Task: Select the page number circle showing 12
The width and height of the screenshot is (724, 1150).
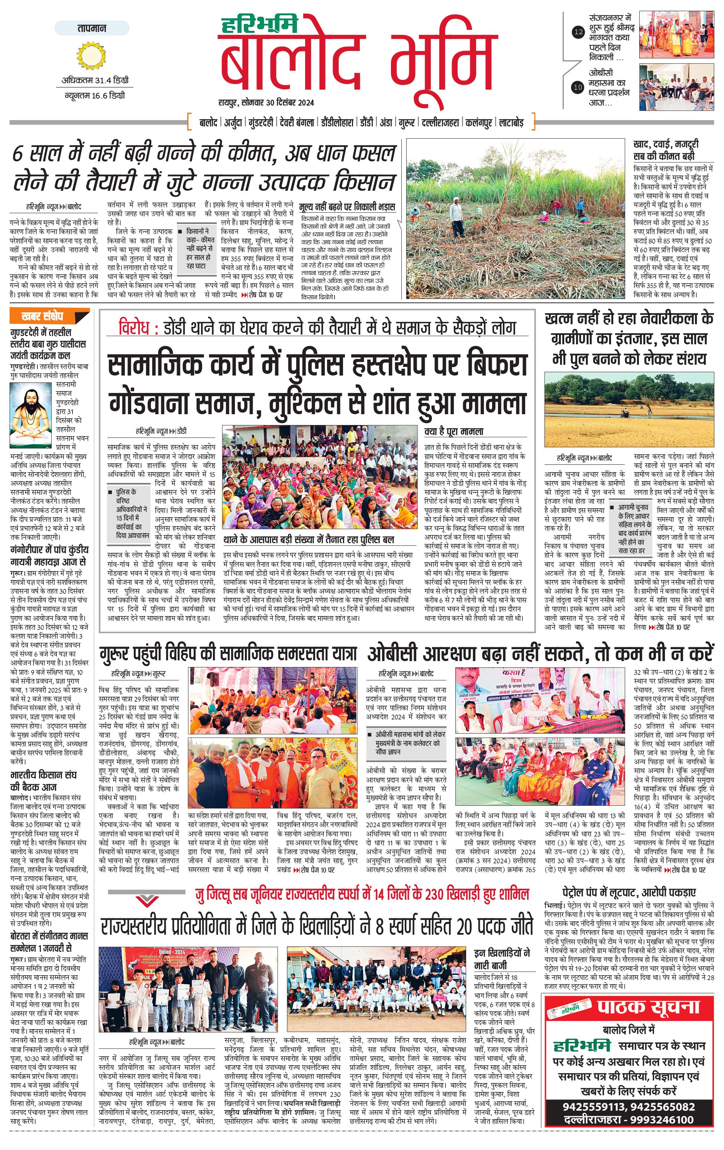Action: [578, 32]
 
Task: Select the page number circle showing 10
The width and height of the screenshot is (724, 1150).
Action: [578, 87]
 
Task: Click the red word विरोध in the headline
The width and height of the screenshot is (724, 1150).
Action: [135, 329]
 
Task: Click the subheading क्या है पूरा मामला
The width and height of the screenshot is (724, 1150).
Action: [454, 431]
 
